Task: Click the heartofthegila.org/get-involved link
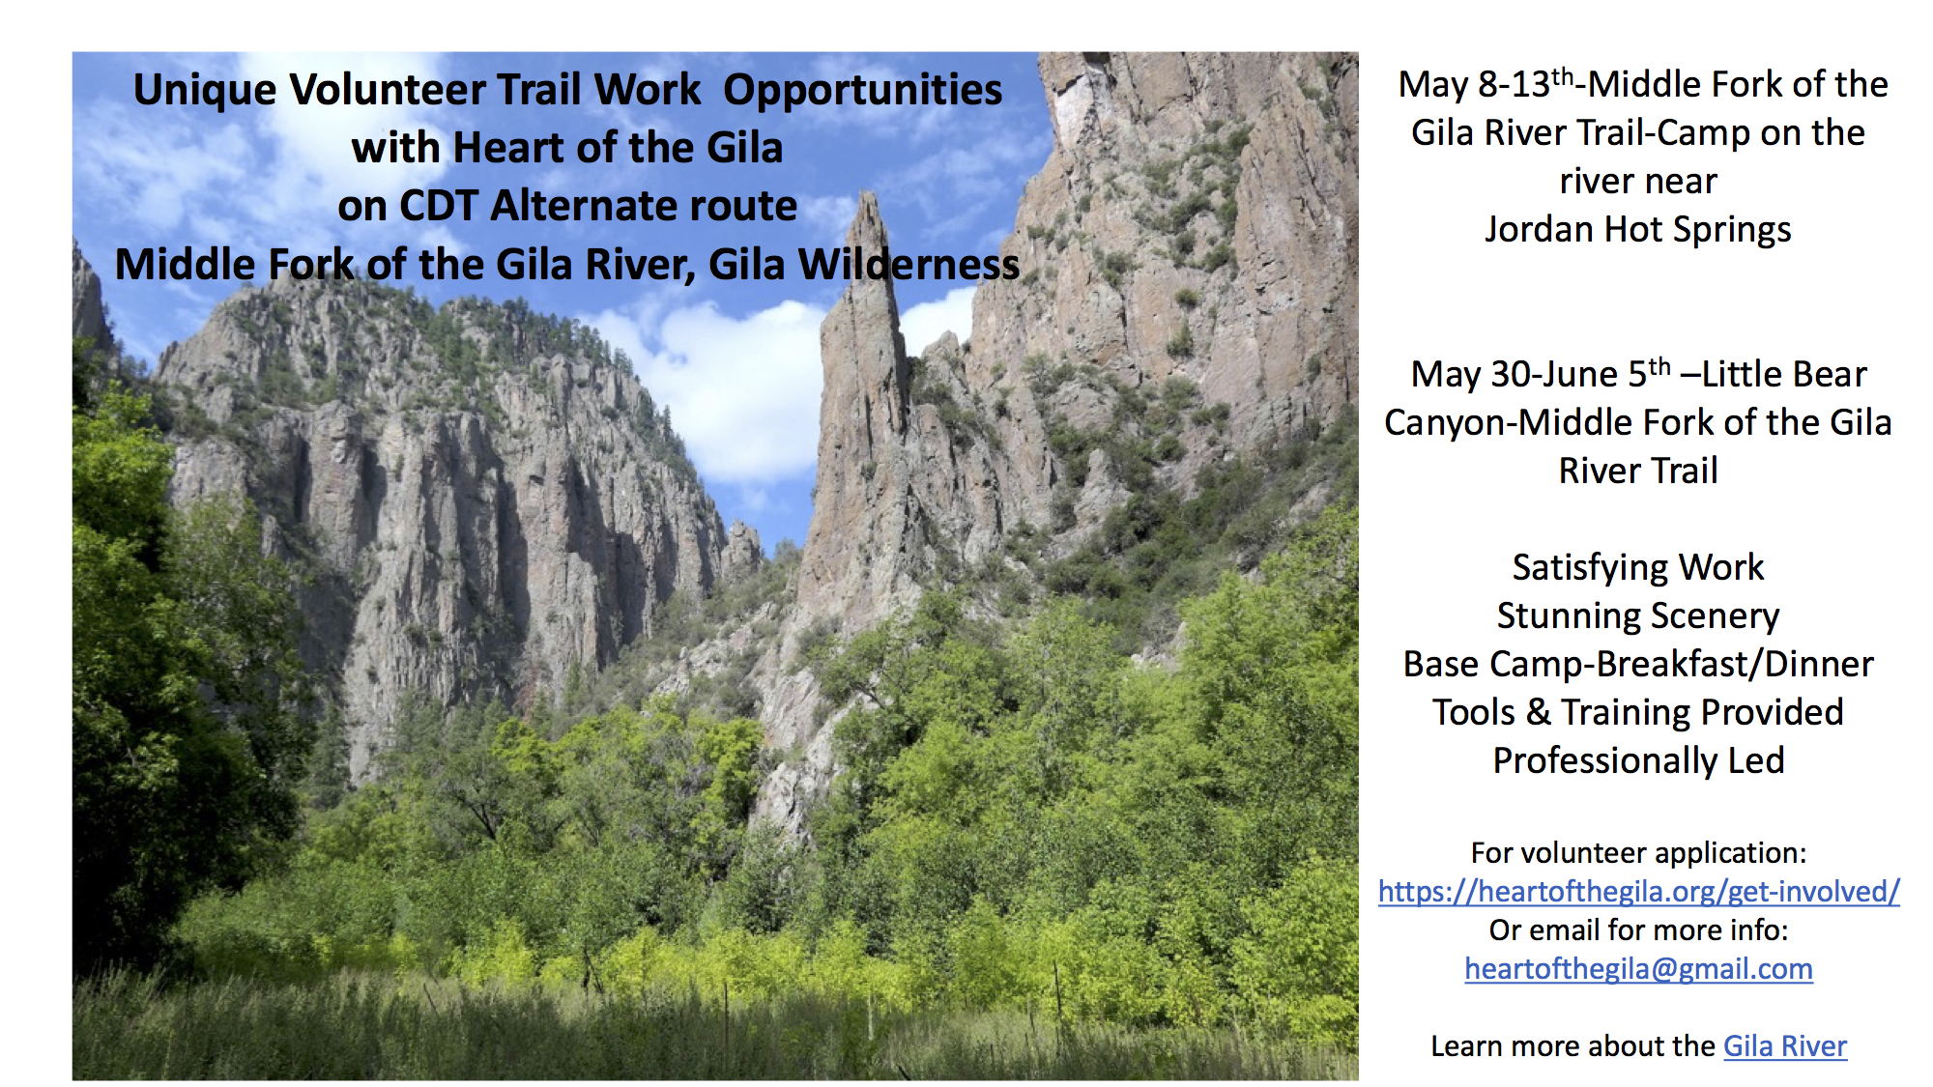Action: (1638, 891)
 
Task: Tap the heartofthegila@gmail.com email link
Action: (1638, 968)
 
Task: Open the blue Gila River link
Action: (1784, 1045)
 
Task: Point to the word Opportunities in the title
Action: (862, 90)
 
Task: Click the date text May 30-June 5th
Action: (1540, 374)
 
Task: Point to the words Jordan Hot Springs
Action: (1638, 230)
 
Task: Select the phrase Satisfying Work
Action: (1638, 567)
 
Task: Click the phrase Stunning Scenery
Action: (1638, 615)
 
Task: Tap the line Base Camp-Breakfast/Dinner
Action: (1638, 664)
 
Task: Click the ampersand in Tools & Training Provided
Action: (1539, 712)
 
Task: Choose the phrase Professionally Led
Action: (1638, 760)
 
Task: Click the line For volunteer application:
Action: (1638, 852)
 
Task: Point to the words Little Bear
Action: (1784, 374)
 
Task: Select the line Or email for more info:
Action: (1638, 930)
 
